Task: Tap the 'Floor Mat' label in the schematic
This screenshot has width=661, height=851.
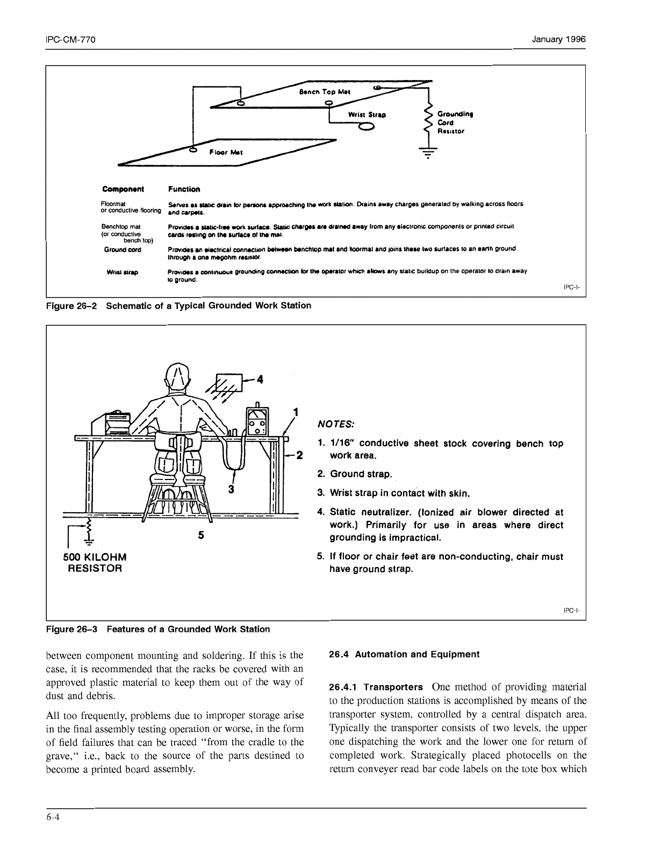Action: tap(226, 152)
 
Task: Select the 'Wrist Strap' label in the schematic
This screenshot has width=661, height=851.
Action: tap(367, 114)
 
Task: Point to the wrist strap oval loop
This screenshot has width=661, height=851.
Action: tap(367, 127)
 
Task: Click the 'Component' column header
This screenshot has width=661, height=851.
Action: tap(123, 189)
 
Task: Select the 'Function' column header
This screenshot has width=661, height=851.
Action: tap(184, 189)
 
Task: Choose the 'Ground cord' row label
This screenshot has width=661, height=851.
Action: tap(123, 250)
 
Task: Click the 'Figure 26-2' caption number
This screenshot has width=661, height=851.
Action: tap(71, 306)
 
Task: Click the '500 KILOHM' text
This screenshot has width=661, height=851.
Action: tap(95, 557)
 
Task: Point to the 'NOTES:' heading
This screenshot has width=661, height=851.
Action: tap(335, 424)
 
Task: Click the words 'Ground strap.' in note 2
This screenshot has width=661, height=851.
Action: tap(361, 474)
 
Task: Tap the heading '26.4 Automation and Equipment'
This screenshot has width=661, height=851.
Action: tap(404, 654)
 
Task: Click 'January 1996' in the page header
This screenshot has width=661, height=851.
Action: tap(558, 40)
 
